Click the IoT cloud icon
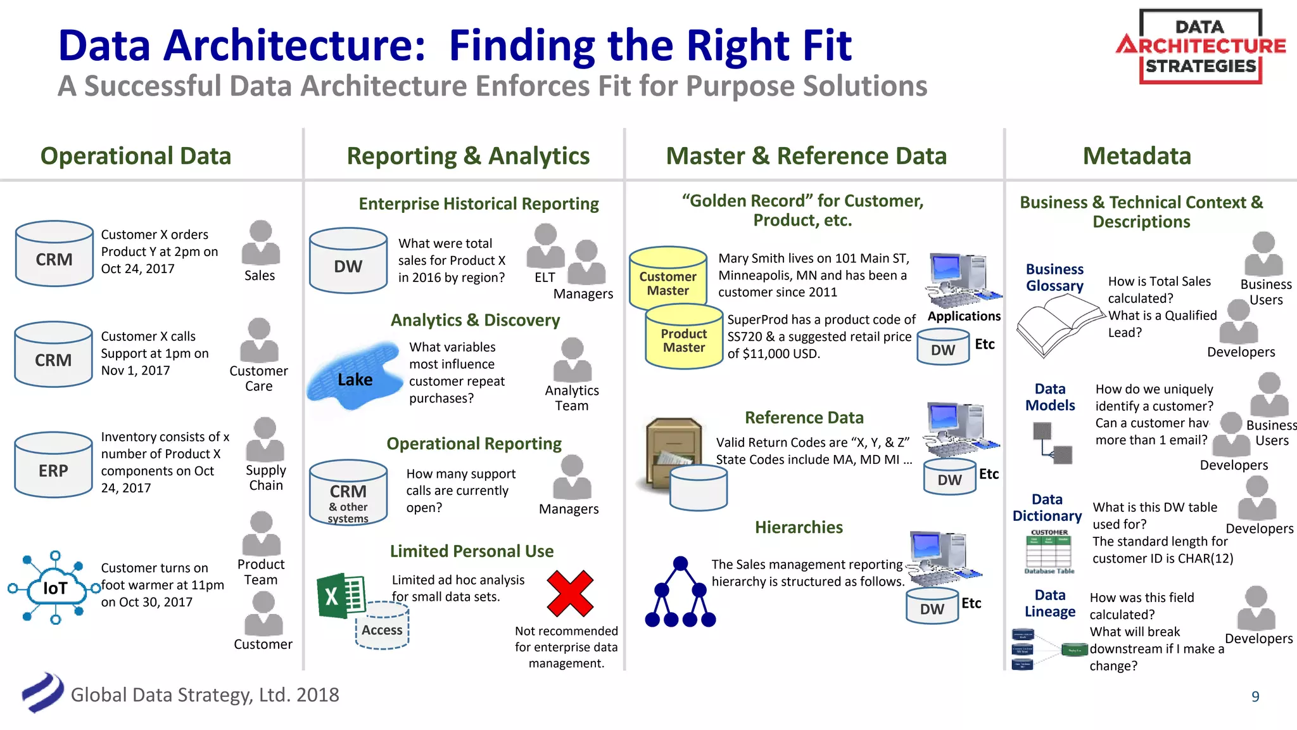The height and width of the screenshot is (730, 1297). point(55,587)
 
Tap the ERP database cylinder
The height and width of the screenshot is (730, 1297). point(54,466)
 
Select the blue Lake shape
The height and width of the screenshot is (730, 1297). point(355,377)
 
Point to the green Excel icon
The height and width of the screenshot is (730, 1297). point(341,596)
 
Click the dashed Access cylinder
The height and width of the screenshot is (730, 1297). point(382,626)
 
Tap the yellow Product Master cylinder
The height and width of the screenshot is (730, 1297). point(684,337)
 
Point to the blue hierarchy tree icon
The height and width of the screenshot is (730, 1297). point(680,593)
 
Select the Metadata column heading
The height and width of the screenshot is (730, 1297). point(1137,156)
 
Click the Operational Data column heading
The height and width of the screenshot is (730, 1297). point(136,156)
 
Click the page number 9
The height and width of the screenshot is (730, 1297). point(1255,696)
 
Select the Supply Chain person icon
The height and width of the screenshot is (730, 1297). point(265,440)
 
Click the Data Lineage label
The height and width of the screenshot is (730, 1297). point(1050,603)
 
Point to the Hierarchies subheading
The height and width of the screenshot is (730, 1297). point(798,527)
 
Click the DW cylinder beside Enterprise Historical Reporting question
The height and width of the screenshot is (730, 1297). point(348,261)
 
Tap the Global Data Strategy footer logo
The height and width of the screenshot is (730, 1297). point(42,693)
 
